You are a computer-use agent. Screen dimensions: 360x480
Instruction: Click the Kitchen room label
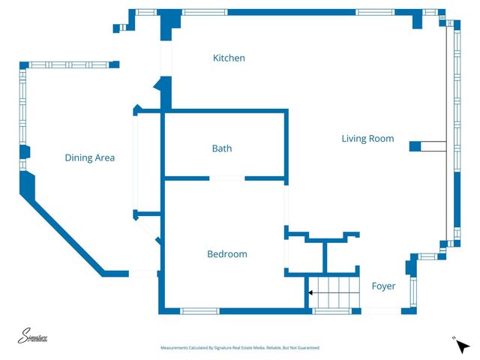tap(229, 58)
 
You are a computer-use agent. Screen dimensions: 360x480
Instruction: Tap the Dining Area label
tap(89, 157)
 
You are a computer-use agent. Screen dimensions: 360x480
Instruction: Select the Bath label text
tap(221, 148)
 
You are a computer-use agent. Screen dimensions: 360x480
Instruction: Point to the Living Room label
tap(367, 139)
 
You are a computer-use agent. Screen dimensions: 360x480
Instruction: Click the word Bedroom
tap(226, 254)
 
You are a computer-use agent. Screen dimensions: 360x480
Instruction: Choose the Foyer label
tap(383, 286)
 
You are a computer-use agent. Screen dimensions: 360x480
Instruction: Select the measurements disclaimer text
tap(239, 348)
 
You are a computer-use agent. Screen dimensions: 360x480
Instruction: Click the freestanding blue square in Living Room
tap(415, 145)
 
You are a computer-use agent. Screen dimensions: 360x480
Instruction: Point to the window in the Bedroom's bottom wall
tap(199, 310)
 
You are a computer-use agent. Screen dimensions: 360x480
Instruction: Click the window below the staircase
tap(331, 310)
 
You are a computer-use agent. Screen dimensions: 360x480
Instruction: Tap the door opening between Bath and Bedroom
tap(226, 178)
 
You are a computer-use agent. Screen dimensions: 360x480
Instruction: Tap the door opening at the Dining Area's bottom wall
tap(143, 274)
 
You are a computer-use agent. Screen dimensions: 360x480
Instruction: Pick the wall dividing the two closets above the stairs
tap(324, 256)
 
